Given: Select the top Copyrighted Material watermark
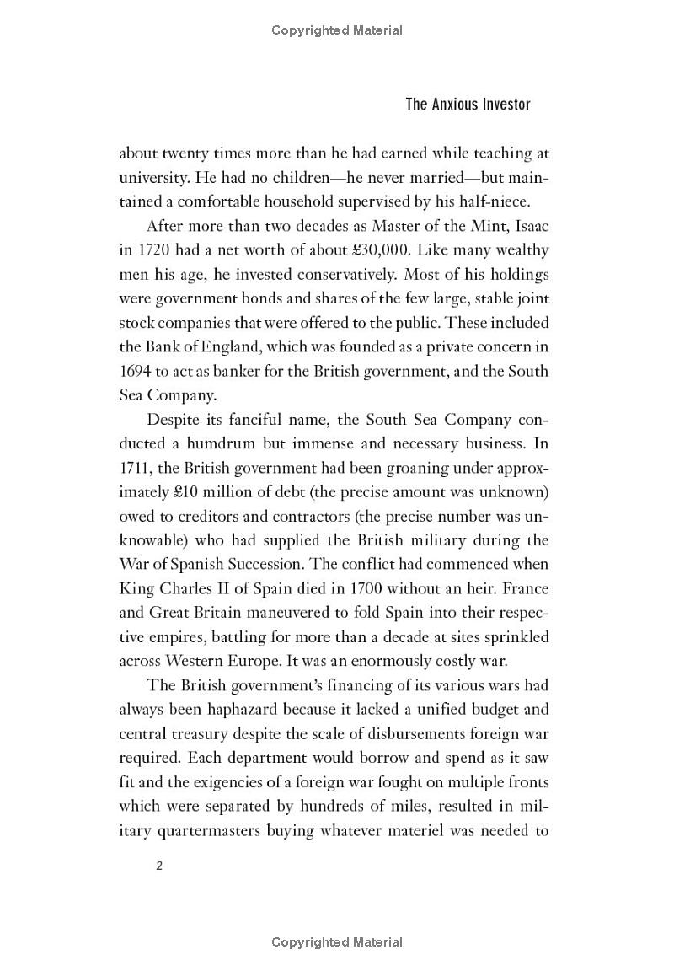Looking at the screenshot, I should point(337,30).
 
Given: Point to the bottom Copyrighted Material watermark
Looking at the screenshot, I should point(337,941).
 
